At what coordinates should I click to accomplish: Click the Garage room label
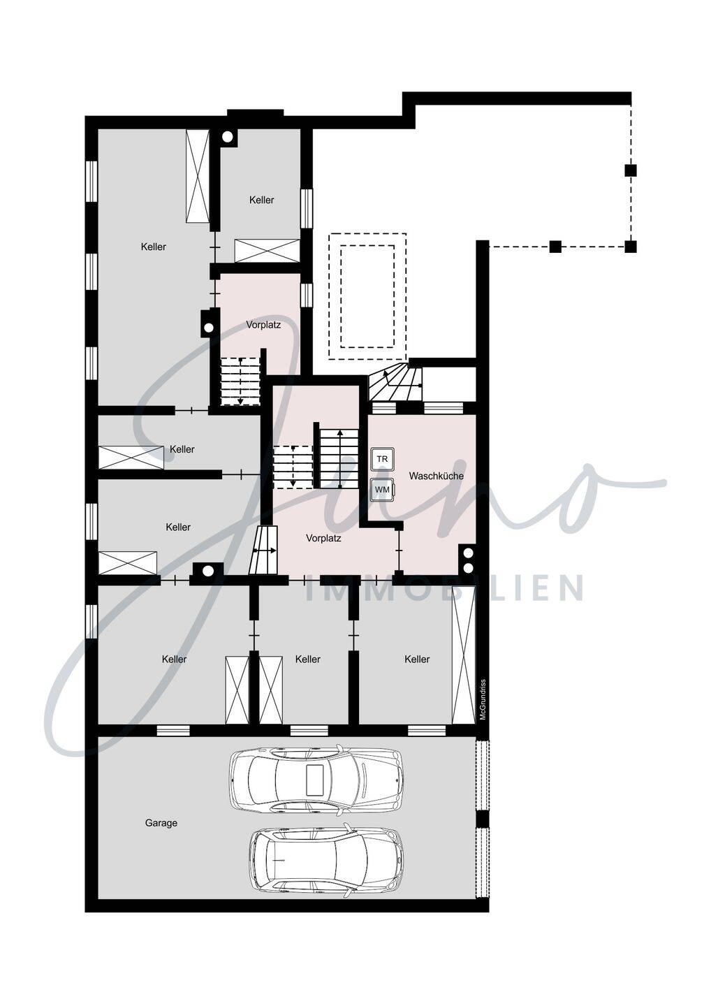pyautogui.click(x=161, y=823)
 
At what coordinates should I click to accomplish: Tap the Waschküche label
pyautogui.click(x=436, y=476)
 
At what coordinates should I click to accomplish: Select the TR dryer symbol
pyautogui.click(x=382, y=459)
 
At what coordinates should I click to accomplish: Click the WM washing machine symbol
pyautogui.click(x=382, y=489)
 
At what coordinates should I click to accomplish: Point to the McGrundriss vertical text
pyautogui.click(x=483, y=700)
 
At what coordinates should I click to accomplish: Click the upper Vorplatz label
pyautogui.click(x=263, y=324)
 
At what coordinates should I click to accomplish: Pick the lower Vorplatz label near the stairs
pyautogui.click(x=323, y=538)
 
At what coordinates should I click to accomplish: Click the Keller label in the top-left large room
pyautogui.click(x=154, y=247)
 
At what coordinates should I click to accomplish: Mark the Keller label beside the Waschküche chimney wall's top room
pyautogui.click(x=262, y=200)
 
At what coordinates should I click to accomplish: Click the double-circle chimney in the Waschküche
pyautogui.click(x=467, y=558)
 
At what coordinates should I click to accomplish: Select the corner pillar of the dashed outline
pyautogui.click(x=631, y=246)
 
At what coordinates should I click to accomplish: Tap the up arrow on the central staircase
pyautogui.click(x=340, y=459)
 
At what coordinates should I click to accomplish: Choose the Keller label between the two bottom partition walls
pyautogui.click(x=308, y=659)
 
